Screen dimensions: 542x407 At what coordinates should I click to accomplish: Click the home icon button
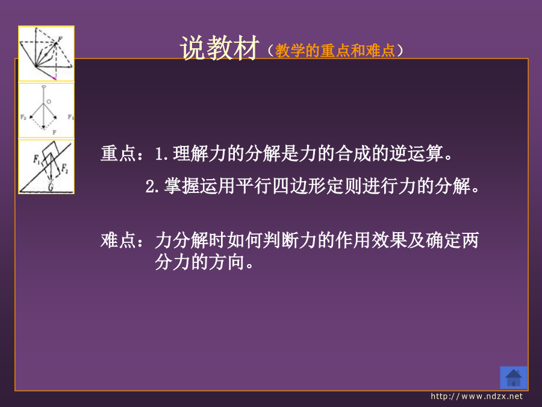[x=513, y=377]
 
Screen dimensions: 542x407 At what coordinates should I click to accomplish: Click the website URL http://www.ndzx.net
[x=477, y=396]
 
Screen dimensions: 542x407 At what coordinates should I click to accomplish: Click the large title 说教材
[x=219, y=48]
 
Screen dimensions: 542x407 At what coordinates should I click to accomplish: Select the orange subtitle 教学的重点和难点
[x=335, y=51]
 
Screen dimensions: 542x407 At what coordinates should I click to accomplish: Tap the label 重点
[x=118, y=153]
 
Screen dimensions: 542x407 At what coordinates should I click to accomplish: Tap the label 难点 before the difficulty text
[x=118, y=240]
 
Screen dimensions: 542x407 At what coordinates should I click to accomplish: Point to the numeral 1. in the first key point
[x=161, y=154]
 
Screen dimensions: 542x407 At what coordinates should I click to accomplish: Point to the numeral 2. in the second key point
[x=152, y=187]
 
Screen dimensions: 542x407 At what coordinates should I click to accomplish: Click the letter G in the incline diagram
[x=51, y=188]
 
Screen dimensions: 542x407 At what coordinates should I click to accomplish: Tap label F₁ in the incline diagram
[x=37, y=159]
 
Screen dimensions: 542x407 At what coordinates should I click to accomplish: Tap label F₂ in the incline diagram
[x=64, y=169]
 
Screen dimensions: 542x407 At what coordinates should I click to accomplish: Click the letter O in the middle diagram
[x=49, y=102]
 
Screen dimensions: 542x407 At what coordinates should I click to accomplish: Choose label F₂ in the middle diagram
[x=23, y=117]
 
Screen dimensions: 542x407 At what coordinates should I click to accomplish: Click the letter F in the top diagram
[x=60, y=39]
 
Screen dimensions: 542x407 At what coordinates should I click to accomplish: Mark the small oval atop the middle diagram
[x=43, y=86]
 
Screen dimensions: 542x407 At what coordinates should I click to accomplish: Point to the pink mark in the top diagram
[x=53, y=78]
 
